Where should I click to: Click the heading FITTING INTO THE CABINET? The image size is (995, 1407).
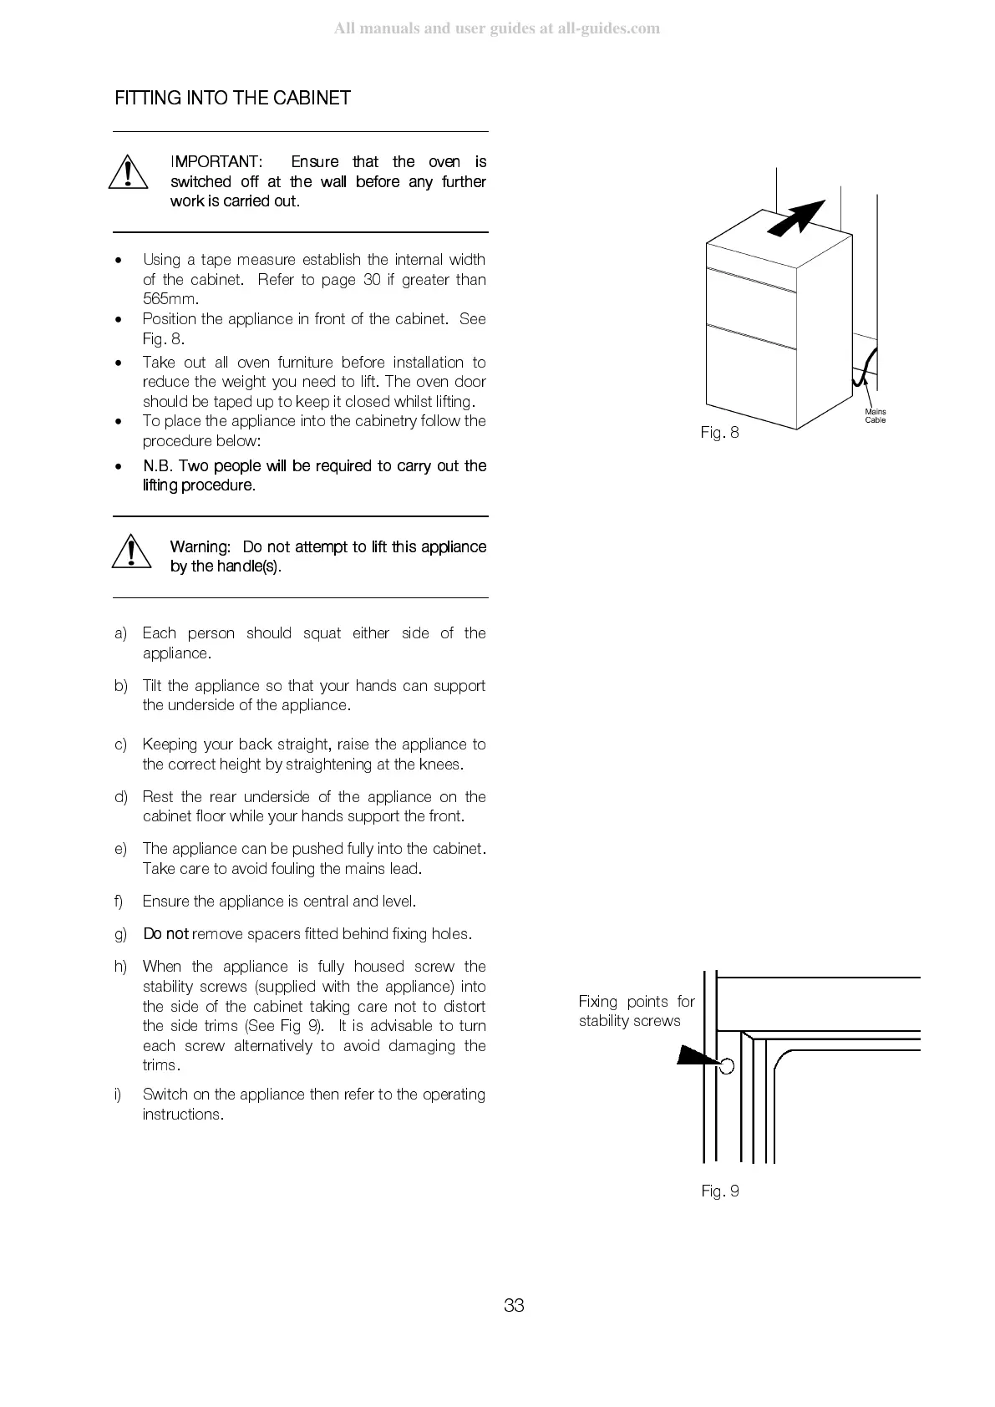pyautogui.click(x=232, y=98)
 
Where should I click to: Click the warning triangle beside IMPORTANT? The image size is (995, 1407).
pyautogui.click(x=127, y=173)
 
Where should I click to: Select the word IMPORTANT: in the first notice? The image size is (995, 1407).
pyautogui.click(x=216, y=161)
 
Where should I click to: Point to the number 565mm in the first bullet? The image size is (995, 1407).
pyautogui.click(x=170, y=299)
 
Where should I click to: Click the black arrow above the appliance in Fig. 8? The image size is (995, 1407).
pyautogui.click(x=798, y=218)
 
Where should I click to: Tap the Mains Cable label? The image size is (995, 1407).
pyautogui.click(x=876, y=416)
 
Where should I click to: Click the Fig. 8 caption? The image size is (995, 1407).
pyautogui.click(x=719, y=433)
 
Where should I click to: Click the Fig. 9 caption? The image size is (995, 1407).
pyautogui.click(x=719, y=1191)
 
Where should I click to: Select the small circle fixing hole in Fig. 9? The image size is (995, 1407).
pyautogui.click(x=727, y=1066)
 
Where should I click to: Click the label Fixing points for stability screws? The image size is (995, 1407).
pyautogui.click(x=636, y=1011)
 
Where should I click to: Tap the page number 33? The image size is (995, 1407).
pyautogui.click(x=514, y=1306)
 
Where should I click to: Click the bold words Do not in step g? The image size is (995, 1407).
pyautogui.click(x=165, y=934)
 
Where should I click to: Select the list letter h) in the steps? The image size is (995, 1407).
pyautogui.click(x=121, y=967)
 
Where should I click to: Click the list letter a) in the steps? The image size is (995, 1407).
pyautogui.click(x=121, y=633)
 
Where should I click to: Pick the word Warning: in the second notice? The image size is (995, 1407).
pyautogui.click(x=200, y=546)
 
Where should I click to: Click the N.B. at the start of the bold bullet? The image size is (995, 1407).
pyautogui.click(x=158, y=465)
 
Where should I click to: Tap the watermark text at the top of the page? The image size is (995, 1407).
pyautogui.click(x=497, y=29)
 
